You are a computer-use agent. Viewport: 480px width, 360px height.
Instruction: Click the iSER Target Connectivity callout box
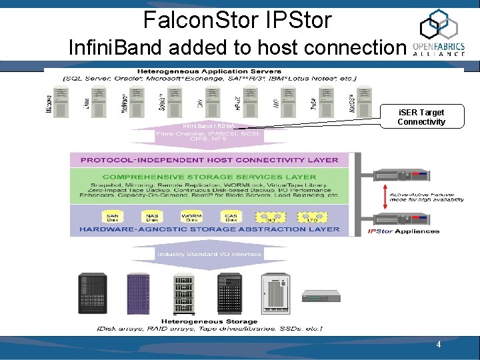pos(421,117)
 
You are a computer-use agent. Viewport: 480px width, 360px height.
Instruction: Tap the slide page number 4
pos(438,345)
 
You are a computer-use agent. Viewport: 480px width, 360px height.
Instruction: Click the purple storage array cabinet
pos(138,293)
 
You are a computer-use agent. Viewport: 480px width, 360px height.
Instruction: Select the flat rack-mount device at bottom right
pos(320,297)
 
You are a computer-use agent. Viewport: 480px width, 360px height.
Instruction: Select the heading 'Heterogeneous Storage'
pos(209,321)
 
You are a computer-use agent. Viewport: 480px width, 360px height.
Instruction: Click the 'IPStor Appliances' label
pos(403,231)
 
